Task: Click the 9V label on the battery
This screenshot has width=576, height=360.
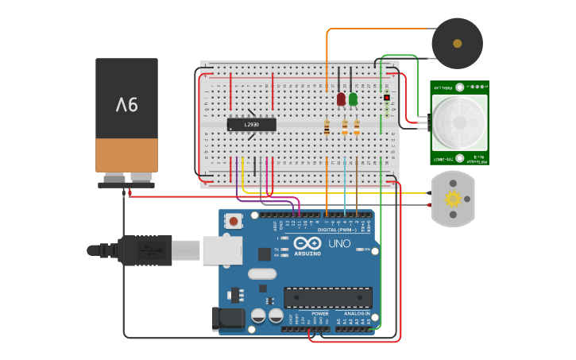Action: pos(127,104)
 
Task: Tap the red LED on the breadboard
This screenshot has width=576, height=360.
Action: pos(341,99)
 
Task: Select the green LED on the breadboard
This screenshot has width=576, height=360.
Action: pos(353,99)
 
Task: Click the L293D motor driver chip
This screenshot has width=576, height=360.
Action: pos(252,125)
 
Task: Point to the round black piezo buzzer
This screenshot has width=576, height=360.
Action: pos(457,43)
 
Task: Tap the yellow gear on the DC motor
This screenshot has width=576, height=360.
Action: pos(453,199)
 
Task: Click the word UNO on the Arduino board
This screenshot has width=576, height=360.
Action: pos(339,244)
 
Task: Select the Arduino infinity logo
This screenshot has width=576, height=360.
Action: pos(307,244)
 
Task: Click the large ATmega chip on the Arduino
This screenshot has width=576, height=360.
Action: pos(328,298)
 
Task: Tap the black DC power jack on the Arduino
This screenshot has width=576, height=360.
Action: pos(228,319)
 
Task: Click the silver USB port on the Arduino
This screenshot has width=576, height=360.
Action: pos(222,250)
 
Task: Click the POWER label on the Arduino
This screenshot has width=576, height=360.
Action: pos(319,313)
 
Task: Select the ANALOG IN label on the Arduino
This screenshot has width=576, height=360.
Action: pos(356,313)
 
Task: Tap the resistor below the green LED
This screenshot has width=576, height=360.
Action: pos(357,127)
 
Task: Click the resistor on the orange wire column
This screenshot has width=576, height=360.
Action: pos(327,127)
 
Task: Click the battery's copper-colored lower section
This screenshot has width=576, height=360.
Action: pos(127,155)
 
